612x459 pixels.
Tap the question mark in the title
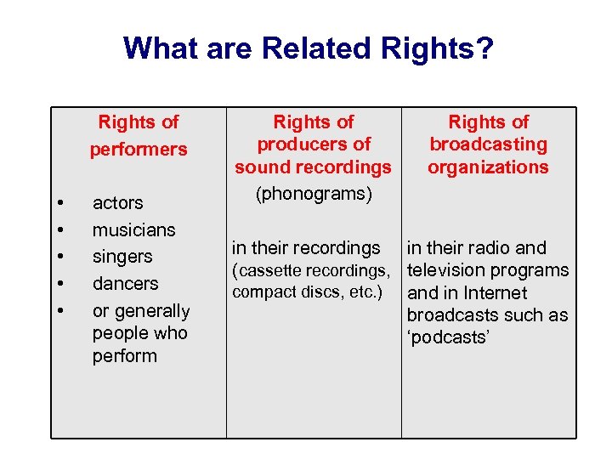[x=484, y=48]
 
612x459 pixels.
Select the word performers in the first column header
[x=139, y=149]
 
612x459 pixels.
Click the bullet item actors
[x=117, y=203]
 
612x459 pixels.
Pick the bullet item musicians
[x=133, y=229]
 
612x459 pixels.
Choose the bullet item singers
[x=122, y=257]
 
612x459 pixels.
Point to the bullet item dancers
[x=125, y=283]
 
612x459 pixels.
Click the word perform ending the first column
[x=124, y=355]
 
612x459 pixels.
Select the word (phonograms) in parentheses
[x=313, y=194]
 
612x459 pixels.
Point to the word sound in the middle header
[x=261, y=167]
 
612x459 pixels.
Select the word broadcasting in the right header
[x=488, y=144]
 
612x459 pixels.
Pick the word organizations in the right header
[x=488, y=167]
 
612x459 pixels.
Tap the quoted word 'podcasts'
[x=450, y=337]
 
